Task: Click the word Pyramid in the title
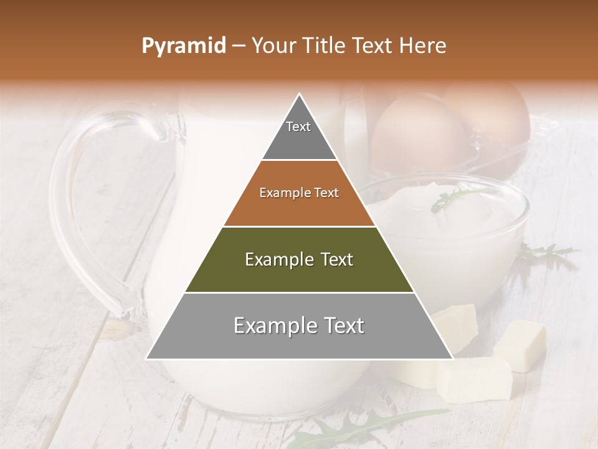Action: (x=184, y=46)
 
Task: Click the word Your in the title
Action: (x=272, y=46)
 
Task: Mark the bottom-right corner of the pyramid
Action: (x=452, y=359)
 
